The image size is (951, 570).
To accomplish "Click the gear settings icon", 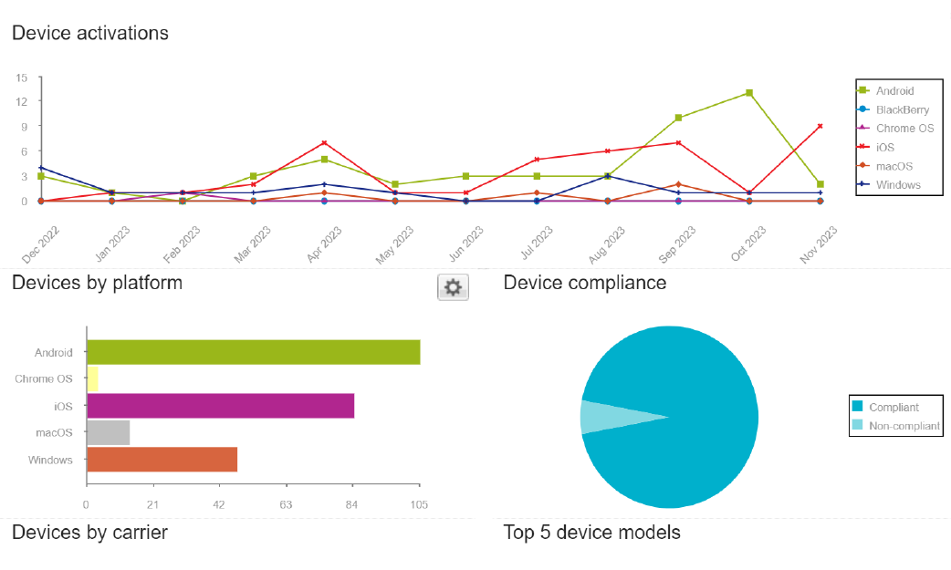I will click(x=453, y=288).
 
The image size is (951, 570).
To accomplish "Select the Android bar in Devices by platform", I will click(x=253, y=352).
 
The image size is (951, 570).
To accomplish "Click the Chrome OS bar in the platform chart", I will click(x=92, y=378).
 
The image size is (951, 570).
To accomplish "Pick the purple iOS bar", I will click(x=220, y=406).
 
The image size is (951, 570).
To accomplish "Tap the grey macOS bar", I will click(x=108, y=432).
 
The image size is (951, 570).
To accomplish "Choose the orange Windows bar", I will click(x=162, y=460).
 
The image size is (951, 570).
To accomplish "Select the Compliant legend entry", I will click(x=894, y=407).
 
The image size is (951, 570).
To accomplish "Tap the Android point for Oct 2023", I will click(x=749, y=93).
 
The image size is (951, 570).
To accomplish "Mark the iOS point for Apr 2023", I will click(x=324, y=143).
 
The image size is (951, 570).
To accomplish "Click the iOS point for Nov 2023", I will click(x=820, y=126).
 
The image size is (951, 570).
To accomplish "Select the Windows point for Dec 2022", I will click(x=41, y=168).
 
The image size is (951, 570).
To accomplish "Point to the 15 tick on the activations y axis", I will click(x=21, y=78).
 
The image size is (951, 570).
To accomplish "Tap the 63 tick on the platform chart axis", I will click(x=286, y=504).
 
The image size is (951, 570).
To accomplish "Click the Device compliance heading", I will click(x=584, y=283).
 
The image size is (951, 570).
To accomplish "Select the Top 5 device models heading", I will click(x=591, y=532).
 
